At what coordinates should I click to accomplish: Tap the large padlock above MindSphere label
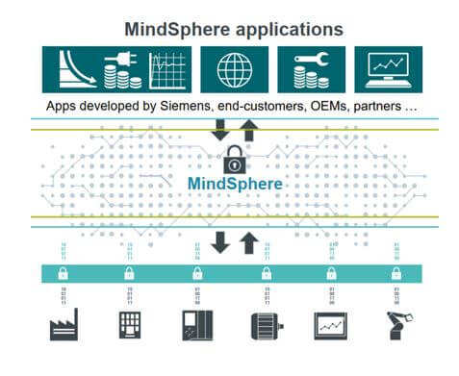click(x=235, y=158)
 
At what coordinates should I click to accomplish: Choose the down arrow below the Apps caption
click(x=220, y=127)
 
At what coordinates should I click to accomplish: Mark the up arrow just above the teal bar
click(x=248, y=242)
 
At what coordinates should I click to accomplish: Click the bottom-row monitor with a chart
click(x=330, y=325)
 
